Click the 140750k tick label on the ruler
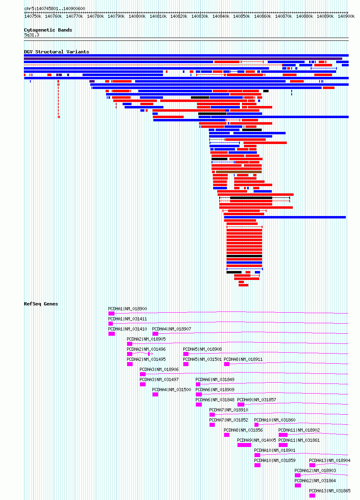[33, 16]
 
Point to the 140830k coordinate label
[200, 16]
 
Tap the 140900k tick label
[346, 16]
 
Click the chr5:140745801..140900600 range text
[55, 8]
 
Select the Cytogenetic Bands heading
[48, 30]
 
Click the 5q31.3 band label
[32, 35]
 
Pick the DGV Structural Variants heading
[57, 52]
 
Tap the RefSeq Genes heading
[41, 304]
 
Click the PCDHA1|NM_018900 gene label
[127, 309]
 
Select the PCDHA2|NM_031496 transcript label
[146, 349]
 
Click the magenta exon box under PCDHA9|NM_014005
[244, 445]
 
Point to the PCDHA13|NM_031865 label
[330, 491]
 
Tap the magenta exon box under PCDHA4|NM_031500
[155, 394]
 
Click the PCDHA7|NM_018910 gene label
[229, 410]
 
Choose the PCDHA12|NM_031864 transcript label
[315, 481]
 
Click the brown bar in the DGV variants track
[239, 172]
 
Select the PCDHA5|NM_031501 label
[202, 359]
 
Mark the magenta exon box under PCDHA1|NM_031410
[112, 334]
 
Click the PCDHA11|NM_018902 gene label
[299, 430]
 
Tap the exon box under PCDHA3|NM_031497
[143, 384]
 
